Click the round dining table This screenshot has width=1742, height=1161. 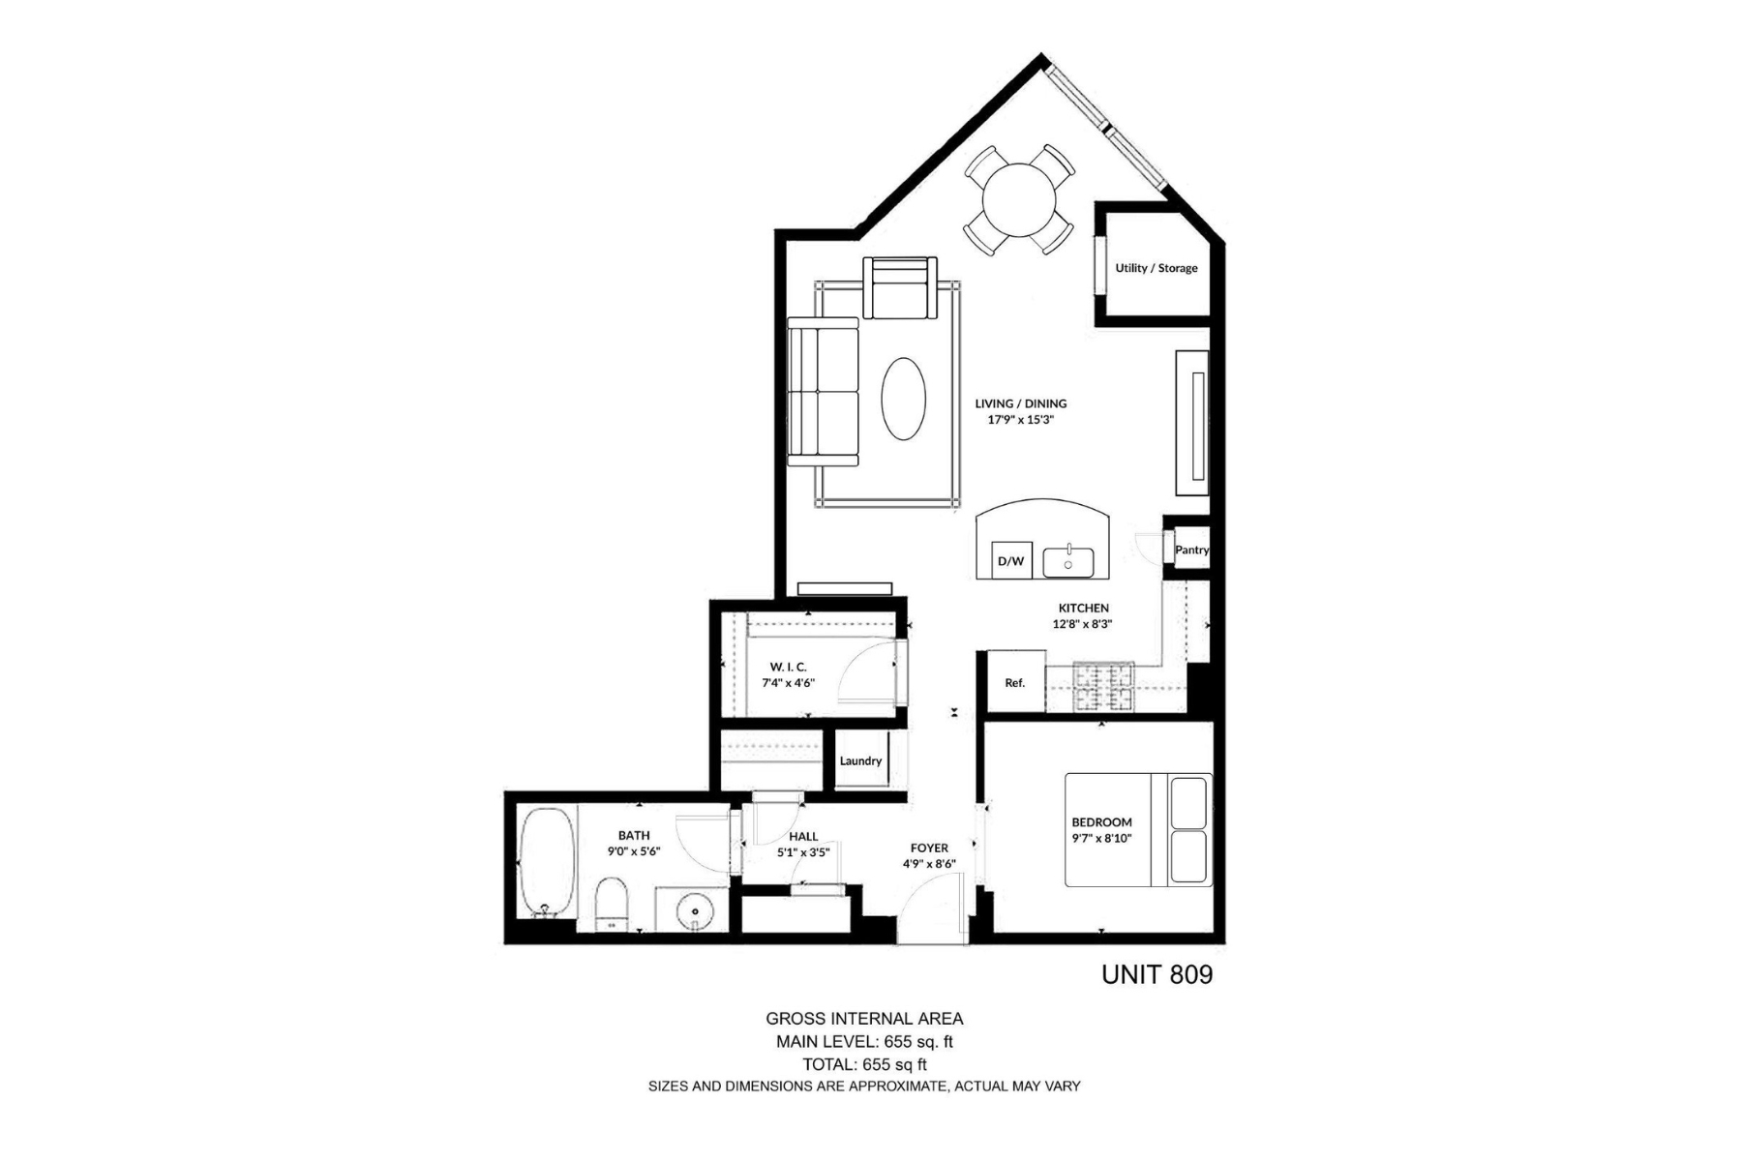tap(1018, 200)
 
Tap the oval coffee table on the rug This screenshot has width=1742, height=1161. tap(903, 399)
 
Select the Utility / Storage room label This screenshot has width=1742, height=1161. tap(1156, 268)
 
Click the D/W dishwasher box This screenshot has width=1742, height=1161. tap(1011, 560)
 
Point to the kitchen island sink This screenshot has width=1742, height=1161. tap(1068, 562)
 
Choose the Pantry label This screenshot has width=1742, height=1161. tap(1191, 550)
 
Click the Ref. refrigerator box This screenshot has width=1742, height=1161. tap(1015, 682)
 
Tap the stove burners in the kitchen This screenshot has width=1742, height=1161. tap(1103, 686)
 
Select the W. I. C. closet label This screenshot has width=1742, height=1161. tap(788, 667)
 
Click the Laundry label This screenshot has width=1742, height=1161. tap(860, 760)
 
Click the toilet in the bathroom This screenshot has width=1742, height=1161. tap(610, 904)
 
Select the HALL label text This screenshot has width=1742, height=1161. tap(803, 837)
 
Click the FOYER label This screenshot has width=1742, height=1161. tap(929, 848)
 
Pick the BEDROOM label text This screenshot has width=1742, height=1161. tap(1101, 822)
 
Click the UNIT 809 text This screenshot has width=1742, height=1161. tap(1156, 974)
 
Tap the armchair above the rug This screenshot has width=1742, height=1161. tap(900, 288)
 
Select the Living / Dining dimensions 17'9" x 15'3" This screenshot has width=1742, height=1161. tap(1019, 420)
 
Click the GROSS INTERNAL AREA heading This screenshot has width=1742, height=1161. tap(864, 1018)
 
